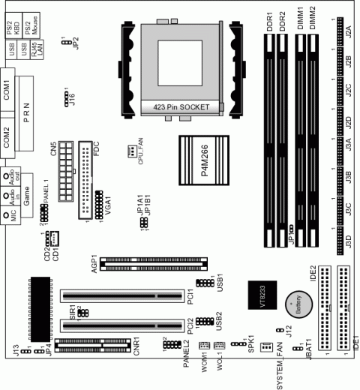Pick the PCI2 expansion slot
(121, 325)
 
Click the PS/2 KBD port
(10, 28)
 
